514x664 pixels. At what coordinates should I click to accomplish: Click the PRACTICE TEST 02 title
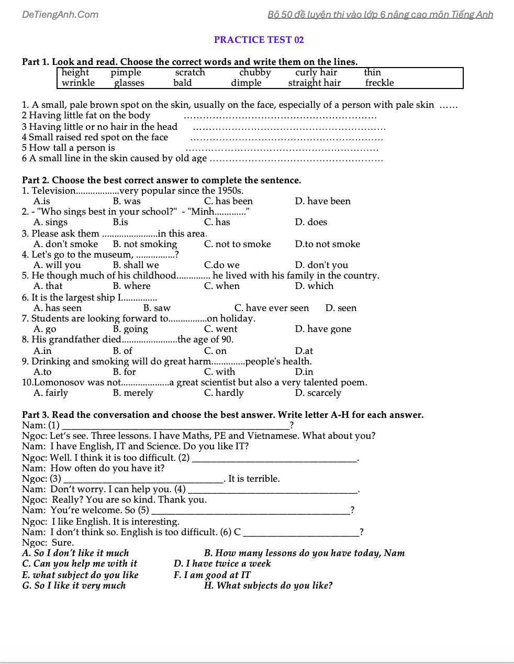pos(259,40)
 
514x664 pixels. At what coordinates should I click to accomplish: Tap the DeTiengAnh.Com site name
pos(60,15)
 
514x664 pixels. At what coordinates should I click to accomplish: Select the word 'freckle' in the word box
pos(379,83)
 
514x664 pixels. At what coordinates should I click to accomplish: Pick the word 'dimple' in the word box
pos(246,83)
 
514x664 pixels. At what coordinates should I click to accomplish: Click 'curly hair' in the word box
pos(316,72)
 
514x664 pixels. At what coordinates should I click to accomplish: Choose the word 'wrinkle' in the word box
pos(79,83)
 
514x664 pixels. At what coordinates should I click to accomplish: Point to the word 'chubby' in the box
pos(255,72)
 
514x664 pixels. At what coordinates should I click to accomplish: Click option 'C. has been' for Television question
pos(228,201)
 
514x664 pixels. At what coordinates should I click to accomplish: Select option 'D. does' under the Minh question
pos(311,222)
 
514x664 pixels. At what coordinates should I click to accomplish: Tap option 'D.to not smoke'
pos(328,244)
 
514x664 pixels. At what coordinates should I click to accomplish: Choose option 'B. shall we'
pos(136,265)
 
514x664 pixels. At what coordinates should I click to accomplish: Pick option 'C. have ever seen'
pos(272,308)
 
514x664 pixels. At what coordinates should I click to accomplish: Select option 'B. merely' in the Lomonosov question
pos(133,393)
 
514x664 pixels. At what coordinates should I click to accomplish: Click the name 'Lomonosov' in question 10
pos(59,382)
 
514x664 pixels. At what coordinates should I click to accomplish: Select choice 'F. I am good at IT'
pos(212,575)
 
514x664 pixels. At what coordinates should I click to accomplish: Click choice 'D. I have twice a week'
pos(222,563)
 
